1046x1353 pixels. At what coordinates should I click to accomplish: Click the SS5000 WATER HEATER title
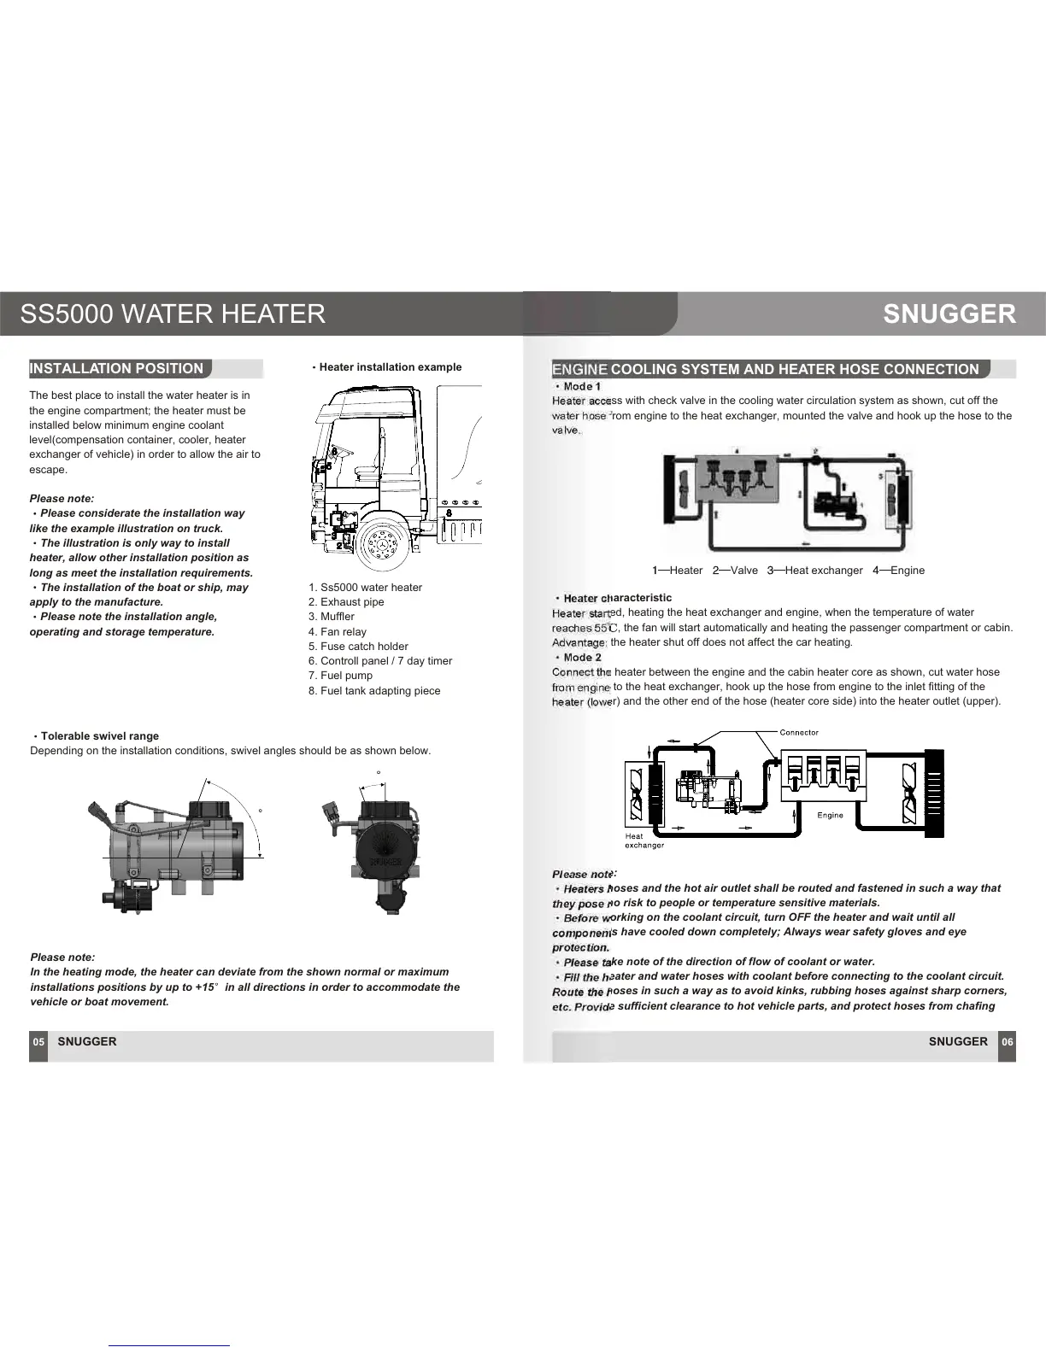click(x=173, y=313)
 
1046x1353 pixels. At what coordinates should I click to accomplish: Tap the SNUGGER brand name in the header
click(x=949, y=313)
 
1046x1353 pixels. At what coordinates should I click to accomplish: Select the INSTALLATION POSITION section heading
click(x=117, y=369)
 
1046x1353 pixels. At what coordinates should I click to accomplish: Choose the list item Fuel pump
click(x=340, y=676)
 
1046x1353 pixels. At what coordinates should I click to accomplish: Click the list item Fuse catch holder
click(x=358, y=647)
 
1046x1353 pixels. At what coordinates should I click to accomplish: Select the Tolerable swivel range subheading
click(x=99, y=736)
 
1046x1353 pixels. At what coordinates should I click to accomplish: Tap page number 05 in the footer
click(x=38, y=1042)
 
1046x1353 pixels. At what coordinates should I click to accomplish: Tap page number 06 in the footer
click(x=1008, y=1042)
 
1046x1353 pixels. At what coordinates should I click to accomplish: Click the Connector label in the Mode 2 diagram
click(x=799, y=733)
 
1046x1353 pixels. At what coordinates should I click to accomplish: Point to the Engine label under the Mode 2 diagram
click(x=830, y=816)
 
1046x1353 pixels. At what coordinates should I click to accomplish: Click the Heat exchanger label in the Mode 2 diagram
click(x=643, y=841)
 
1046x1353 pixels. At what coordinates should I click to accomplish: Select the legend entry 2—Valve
click(x=735, y=571)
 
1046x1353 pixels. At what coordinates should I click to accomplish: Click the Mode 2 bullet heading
click(x=582, y=658)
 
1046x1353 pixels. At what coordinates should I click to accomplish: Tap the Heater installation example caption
click(x=390, y=367)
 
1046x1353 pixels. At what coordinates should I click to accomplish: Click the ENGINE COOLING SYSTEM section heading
click(x=766, y=370)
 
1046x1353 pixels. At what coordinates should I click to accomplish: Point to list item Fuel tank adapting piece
click(x=374, y=691)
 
